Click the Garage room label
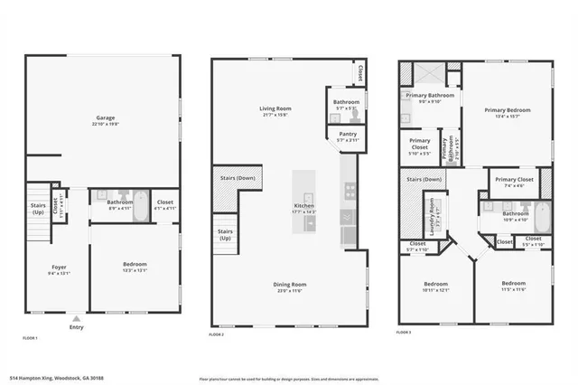pyautogui.click(x=105, y=118)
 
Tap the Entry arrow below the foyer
pyautogui.click(x=76, y=319)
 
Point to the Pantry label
pyautogui.click(x=348, y=134)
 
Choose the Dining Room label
pyautogui.click(x=290, y=285)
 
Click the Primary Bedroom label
pyautogui.click(x=507, y=110)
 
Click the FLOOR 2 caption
pyautogui.click(x=216, y=334)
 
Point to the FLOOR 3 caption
pyautogui.click(x=405, y=333)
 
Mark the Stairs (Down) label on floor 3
pyautogui.click(x=424, y=180)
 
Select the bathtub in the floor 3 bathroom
pyautogui.click(x=541, y=216)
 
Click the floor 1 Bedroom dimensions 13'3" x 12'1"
pyautogui.click(x=135, y=270)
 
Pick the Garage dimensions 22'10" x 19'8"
pyautogui.click(x=105, y=125)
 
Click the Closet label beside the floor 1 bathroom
pyautogui.click(x=165, y=202)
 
